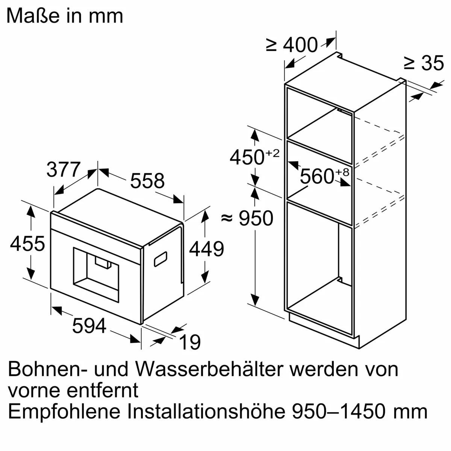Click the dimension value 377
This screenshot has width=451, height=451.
64,170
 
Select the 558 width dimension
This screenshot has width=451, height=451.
147,181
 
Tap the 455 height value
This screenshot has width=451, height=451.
27,244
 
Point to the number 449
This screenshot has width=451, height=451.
206,249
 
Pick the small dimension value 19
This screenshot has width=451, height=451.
190,342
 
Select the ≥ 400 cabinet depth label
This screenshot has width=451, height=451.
292,45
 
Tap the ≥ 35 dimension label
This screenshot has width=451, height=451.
424,63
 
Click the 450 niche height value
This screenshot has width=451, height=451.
247,157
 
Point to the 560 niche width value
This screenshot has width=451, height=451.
317,176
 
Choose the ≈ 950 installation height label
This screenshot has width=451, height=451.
247,218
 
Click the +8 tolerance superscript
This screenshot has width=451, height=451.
342,172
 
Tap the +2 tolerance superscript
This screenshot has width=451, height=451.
273,153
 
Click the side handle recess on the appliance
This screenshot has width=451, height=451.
160,259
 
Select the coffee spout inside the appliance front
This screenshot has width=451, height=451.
103,262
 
